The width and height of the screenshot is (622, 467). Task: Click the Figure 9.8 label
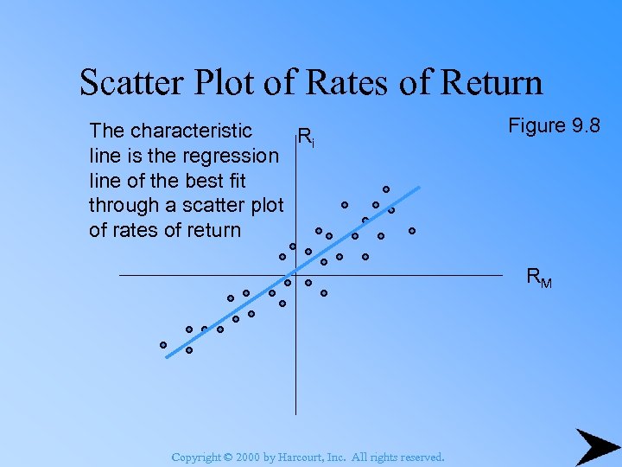(554, 126)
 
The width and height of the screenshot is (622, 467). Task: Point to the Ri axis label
(304, 136)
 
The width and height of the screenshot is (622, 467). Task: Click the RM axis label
(540, 278)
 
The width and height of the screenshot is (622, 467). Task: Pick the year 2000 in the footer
(249, 457)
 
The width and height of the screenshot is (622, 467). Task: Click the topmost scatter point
(386, 189)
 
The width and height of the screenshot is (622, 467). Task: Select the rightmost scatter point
(412, 231)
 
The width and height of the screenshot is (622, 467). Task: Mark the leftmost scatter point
(162, 345)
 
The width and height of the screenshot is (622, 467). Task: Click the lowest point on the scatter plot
(188, 350)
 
